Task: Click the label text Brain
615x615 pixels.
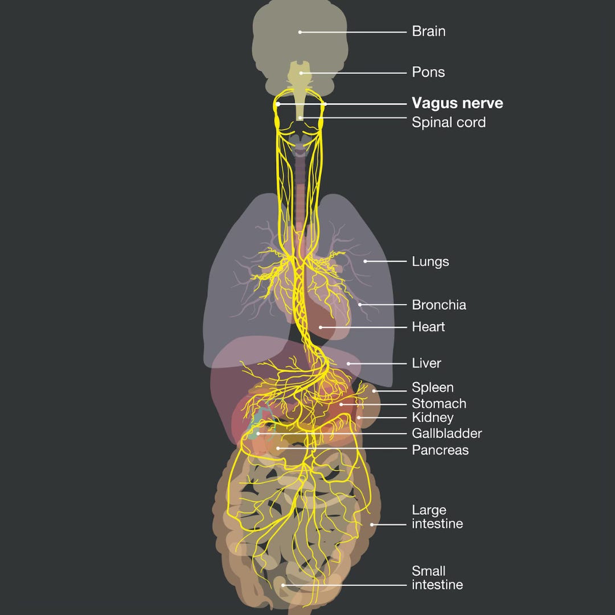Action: point(428,31)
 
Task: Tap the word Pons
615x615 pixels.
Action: point(428,72)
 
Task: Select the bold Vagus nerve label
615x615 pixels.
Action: point(457,103)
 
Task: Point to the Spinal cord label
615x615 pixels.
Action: point(449,122)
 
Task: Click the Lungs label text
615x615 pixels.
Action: point(430,261)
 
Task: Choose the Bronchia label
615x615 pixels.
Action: point(439,305)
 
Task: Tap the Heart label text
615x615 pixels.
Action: point(428,327)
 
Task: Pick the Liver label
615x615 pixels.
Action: point(427,363)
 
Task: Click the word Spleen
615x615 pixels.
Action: point(433,388)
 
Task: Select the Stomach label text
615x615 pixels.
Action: point(439,403)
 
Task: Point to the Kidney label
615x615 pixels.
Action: point(433,418)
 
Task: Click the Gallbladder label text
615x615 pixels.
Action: point(447,433)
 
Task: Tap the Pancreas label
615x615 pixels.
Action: point(440,450)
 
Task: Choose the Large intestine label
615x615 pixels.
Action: point(437,517)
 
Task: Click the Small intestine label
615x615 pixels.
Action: point(437,578)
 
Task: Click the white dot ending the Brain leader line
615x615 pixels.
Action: point(300,32)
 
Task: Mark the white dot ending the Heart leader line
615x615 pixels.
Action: point(321,327)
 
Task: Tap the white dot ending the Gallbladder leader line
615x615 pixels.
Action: point(258,434)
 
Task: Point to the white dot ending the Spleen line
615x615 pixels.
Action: point(374,391)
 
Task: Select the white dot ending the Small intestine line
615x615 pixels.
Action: point(283,585)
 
